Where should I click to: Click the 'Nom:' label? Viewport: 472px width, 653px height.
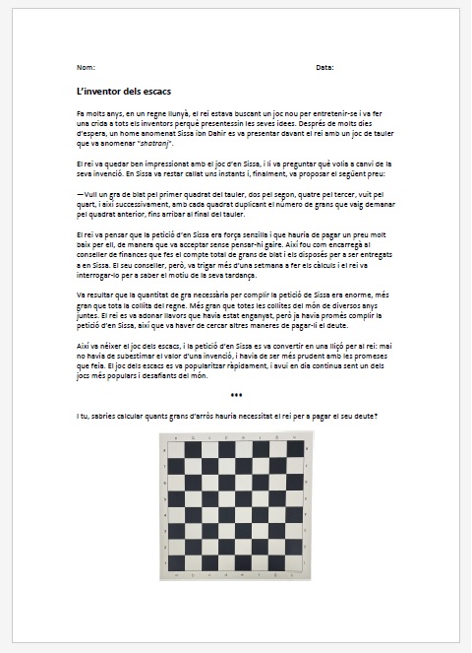click(x=85, y=67)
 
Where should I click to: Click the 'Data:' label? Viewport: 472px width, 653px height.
click(x=324, y=67)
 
